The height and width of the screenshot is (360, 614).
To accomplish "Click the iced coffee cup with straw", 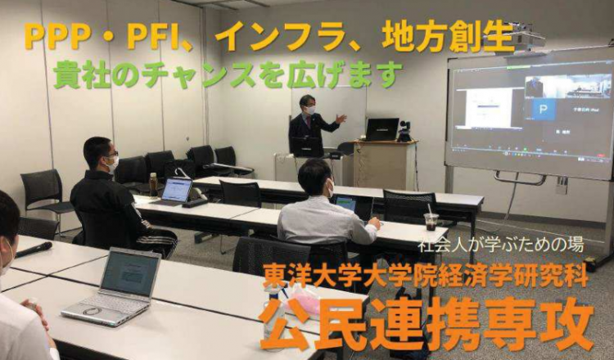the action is [x=431, y=219].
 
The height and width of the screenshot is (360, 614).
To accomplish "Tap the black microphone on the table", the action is [x=34, y=250].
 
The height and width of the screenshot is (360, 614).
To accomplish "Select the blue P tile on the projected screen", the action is [x=543, y=109].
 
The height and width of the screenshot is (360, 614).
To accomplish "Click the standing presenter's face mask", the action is [x=310, y=110].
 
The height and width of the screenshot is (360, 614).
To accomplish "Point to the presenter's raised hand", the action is [x=341, y=119].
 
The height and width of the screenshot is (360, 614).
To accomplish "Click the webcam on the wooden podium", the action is [x=404, y=132].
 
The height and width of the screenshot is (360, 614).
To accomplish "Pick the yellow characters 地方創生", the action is [x=449, y=38].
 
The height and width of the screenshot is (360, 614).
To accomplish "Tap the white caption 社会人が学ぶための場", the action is [x=501, y=245].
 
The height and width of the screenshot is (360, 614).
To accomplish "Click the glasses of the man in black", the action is [x=110, y=154].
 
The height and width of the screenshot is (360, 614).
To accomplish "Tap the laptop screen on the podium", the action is [x=381, y=128].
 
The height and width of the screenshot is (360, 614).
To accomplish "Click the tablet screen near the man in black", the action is [x=177, y=189].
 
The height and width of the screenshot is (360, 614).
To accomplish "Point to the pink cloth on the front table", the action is [x=305, y=304].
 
